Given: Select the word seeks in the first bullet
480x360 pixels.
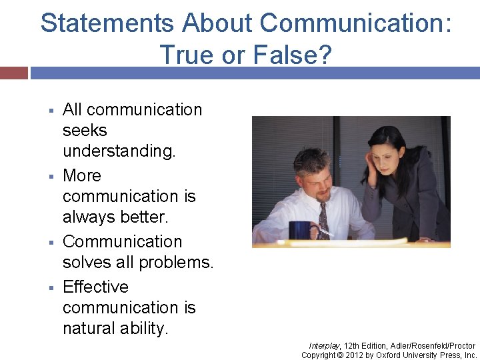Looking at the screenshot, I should tap(85, 130).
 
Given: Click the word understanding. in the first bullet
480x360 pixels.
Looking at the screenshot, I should tap(119, 151).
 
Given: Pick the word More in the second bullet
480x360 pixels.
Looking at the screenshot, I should tap(82, 175).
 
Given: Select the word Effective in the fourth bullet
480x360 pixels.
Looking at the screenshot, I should tap(95, 287).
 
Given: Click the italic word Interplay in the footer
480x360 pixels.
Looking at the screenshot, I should tap(324, 345).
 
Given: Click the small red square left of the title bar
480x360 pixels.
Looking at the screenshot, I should tap(13, 73).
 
